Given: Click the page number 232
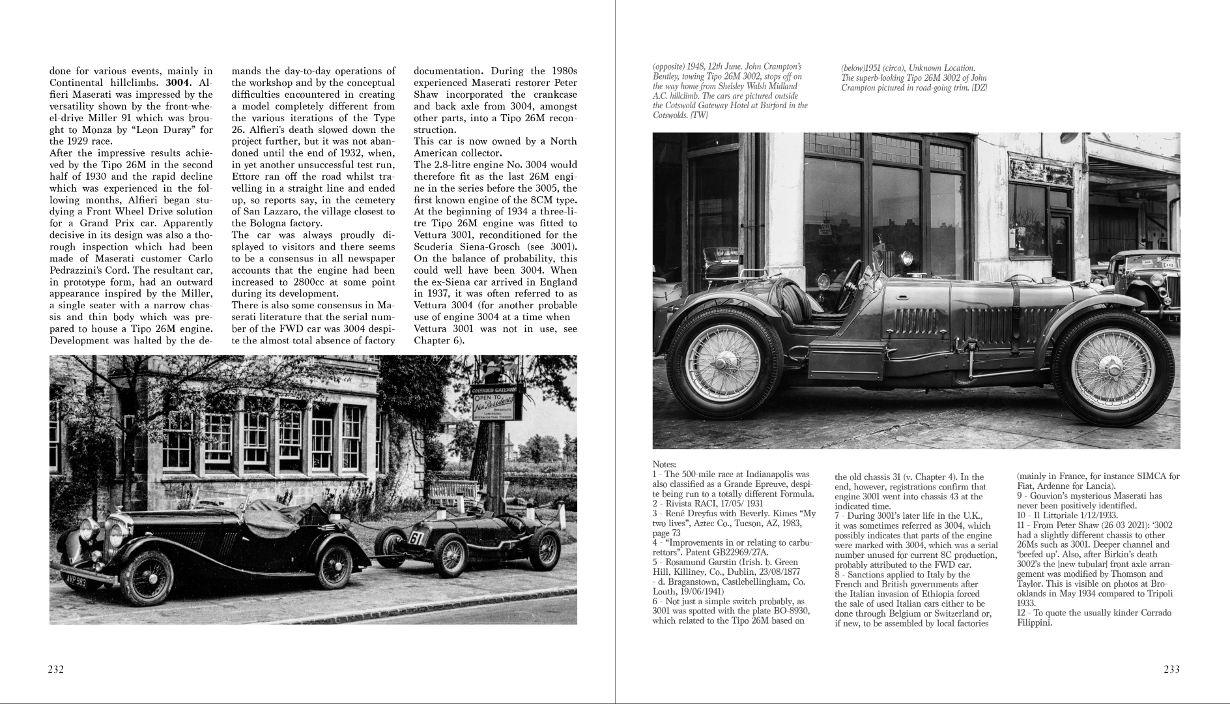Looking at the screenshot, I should [x=56, y=669].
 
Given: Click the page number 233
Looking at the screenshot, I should [x=1171, y=669].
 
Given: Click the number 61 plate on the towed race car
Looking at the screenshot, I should [x=416, y=538].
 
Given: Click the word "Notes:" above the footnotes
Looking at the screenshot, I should [x=665, y=463].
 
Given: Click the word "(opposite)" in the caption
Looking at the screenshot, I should [x=670, y=66].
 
